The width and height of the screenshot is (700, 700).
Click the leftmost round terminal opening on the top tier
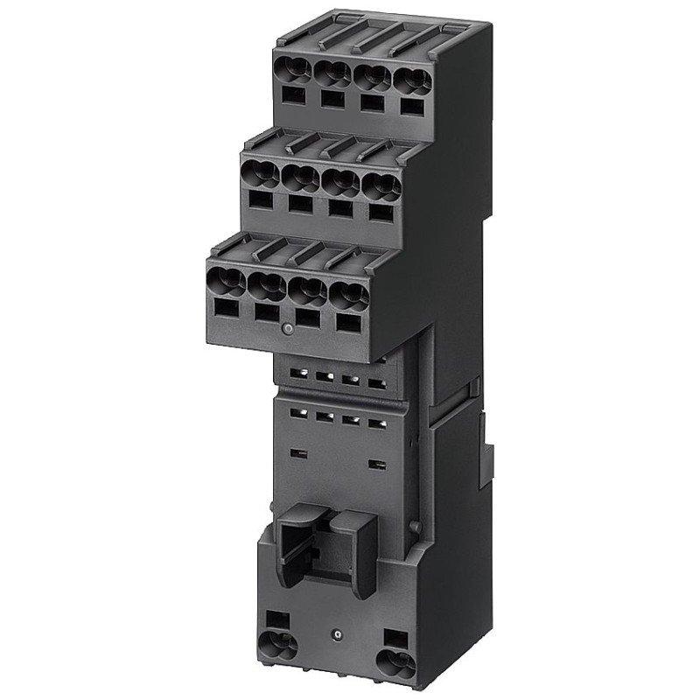click(292, 69)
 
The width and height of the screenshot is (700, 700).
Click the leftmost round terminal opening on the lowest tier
click(226, 280)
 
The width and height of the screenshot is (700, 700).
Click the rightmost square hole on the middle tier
click(379, 212)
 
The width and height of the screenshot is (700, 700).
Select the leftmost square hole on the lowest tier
click(226, 307)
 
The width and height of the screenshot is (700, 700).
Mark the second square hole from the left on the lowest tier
click(267, 312)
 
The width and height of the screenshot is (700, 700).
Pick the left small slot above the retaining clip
click(298, 453)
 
